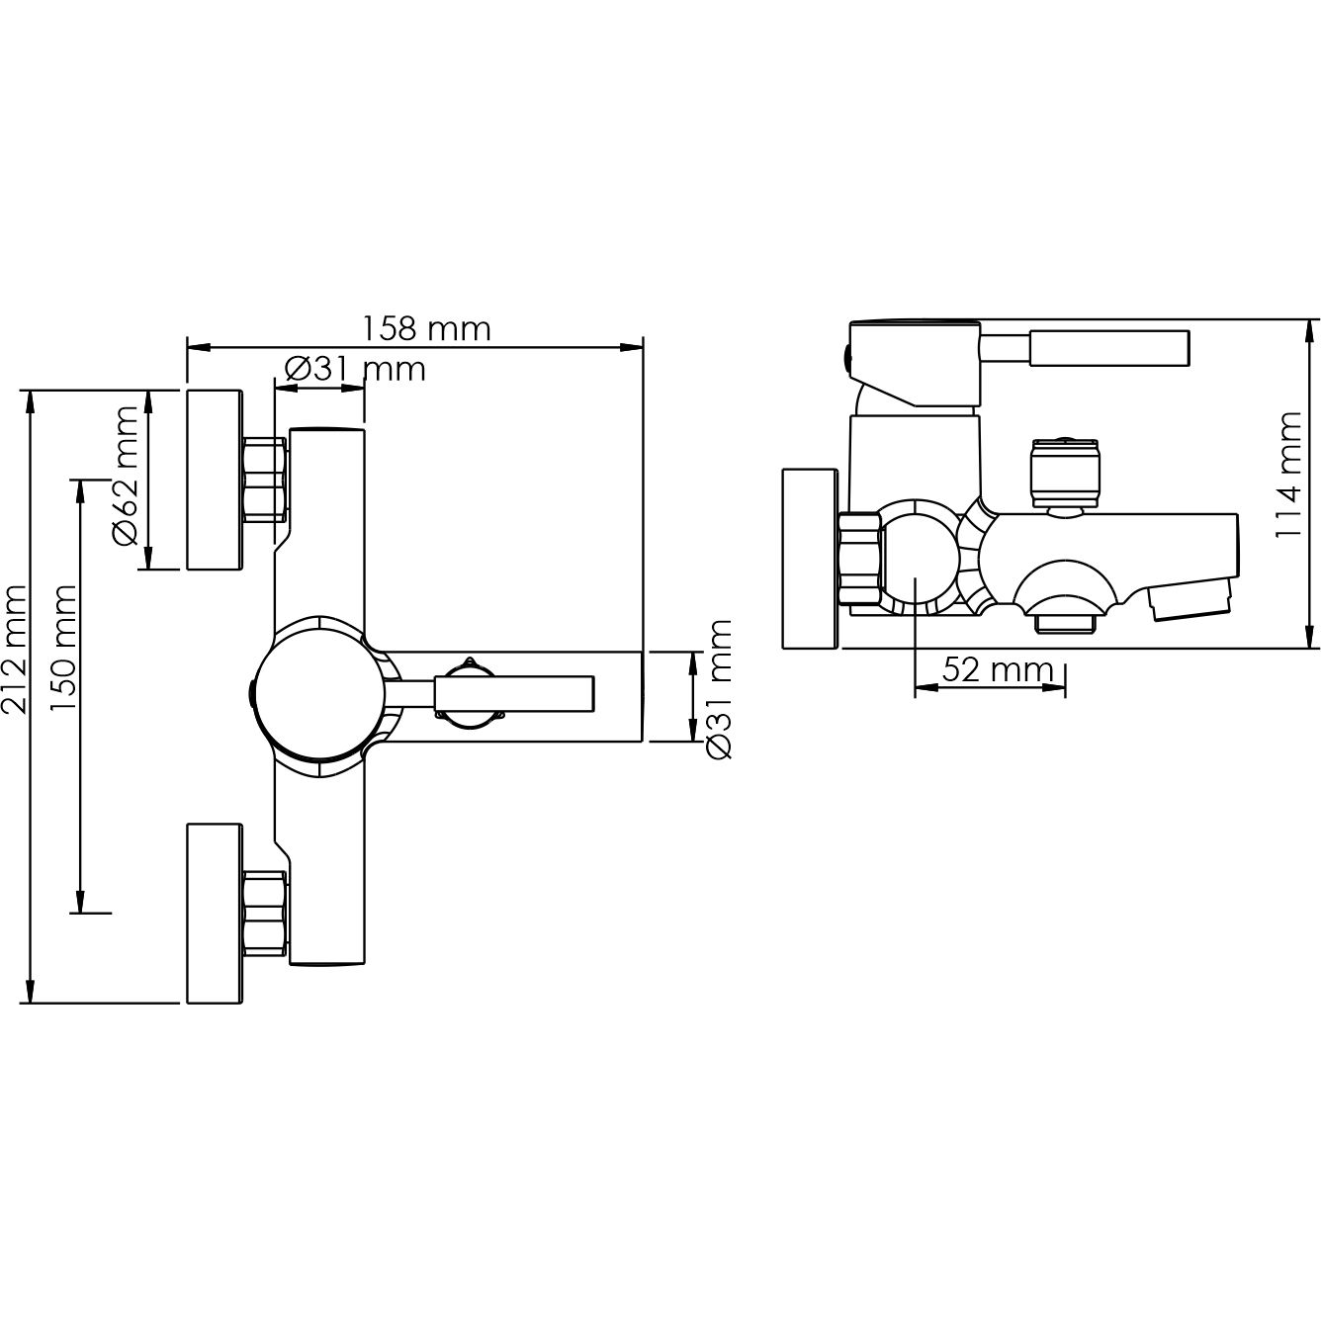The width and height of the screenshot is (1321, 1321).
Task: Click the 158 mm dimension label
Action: point(426,329)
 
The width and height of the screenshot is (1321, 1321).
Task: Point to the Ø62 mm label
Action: point(126,476)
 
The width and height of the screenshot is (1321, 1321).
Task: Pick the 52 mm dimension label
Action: point(997,669)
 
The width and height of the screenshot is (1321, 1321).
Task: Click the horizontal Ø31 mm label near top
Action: point(355,370)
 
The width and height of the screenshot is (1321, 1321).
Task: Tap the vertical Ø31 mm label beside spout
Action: point(719,689)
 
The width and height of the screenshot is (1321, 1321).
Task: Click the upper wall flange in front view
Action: point(215,480)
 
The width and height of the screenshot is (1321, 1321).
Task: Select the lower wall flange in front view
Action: point(215,913)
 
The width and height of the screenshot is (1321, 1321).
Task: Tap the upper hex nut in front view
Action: point(264,480)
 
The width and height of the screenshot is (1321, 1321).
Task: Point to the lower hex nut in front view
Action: point(264,913)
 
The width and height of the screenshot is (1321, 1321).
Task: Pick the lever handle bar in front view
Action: point(514,694)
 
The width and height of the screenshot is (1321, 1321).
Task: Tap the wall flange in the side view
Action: point(810,558)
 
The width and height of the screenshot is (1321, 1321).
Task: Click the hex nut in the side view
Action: point(859,560)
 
